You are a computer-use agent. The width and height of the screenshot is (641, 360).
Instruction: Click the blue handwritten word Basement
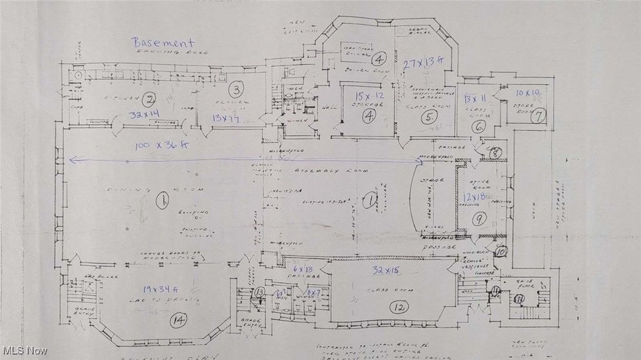pos(163,43)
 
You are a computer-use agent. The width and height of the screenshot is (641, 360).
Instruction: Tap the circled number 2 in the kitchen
pos(149,100)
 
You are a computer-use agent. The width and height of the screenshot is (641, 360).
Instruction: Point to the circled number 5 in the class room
pos(428,117)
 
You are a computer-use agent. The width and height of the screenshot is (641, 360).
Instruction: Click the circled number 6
pos(479,125)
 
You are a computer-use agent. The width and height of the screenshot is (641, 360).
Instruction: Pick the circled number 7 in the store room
pos(539,115)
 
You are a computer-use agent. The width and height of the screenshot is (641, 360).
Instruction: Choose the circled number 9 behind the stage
pos(479,219)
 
